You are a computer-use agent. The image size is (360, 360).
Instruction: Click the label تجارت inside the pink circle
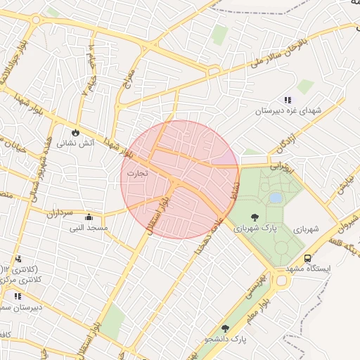tap(137, 172)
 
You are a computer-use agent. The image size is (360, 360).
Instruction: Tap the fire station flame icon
tap(75, 132)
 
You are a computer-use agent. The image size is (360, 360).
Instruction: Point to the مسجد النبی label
tap(89, 228)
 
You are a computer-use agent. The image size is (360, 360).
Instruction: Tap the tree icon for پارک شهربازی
tap(254, 217)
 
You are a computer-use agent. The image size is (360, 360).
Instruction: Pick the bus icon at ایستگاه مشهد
tap(307, 259)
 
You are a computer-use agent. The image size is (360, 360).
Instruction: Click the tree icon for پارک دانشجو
tap(226, 328)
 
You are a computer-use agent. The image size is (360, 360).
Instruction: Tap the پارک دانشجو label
tap(226, 340)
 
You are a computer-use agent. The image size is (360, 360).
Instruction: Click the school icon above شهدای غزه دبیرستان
tap(287, 101)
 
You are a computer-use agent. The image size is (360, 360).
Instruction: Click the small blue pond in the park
tap(276, 198)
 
